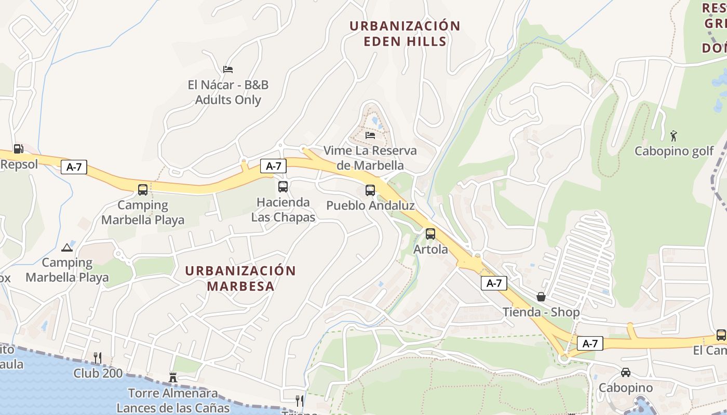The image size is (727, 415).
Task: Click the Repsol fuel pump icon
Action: (x=18, y=149)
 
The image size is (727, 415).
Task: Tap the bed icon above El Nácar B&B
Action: (x=228, y=69)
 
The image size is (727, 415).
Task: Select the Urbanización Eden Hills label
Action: (x=405, y=34)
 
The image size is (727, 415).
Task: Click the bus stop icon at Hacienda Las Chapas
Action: (x=283, y=187)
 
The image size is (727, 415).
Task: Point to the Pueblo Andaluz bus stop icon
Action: (x=370, y=190)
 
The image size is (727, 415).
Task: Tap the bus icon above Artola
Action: (x=430, y=234)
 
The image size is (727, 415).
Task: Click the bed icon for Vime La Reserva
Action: (x=370, y=135)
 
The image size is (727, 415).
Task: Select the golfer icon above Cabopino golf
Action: (x=674, y=136)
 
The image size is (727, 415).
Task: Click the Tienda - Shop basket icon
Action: (x=541, y=297)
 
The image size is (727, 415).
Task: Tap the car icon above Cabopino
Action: (x=626, y=372)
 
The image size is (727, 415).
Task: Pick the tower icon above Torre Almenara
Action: (x=173, y=378)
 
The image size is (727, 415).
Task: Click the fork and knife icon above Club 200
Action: (x=97, y=357)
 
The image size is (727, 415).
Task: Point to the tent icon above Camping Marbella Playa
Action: (x=67, y=247)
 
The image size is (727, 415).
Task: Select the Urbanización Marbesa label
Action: (x=240, y=279)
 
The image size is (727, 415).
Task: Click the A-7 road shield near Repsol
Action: (x=74, y=167)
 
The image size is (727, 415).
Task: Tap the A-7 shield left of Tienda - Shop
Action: (x=494, y=283)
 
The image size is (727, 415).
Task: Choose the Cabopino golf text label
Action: (x=675, y=151)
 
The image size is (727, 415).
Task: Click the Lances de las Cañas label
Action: (x=173, y=408)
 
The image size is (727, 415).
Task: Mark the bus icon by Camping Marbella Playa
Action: (x=143, y=190)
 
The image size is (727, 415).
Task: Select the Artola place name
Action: (x=430, y=250)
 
